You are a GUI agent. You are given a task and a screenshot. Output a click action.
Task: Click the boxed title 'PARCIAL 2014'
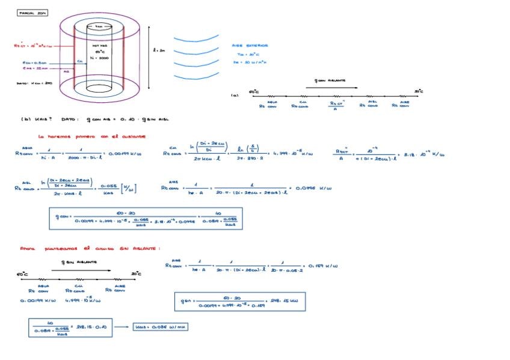pos(33,13)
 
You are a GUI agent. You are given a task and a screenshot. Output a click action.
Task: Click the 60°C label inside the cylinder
pos(100,52)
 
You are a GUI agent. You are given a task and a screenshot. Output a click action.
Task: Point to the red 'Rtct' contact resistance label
pos(33,46)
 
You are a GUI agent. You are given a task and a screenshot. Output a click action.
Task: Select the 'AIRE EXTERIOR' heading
pos(250,46)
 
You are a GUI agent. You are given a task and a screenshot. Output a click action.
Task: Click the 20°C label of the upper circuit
pos(419,92)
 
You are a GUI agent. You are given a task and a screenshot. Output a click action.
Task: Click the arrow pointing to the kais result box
pos(121,327)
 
